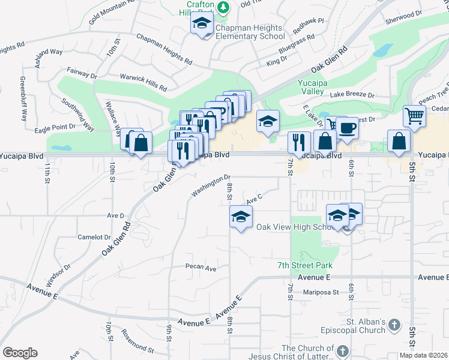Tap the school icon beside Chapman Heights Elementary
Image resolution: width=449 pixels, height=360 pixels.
[x=202, y=25]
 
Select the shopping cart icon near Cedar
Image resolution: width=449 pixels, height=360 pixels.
[x=415, y=115]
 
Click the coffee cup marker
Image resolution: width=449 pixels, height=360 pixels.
[x=346, y=128]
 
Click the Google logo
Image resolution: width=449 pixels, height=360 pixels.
[x=20, y=353]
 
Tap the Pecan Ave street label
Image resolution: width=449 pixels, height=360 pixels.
[x=200, y=268]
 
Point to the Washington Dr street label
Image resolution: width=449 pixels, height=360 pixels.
[x=211, y=185]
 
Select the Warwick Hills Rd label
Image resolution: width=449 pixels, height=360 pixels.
[x=143, y=83]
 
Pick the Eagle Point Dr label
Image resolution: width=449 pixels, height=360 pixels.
[x=55, y=127]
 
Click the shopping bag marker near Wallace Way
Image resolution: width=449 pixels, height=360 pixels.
[x=140, y=144]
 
